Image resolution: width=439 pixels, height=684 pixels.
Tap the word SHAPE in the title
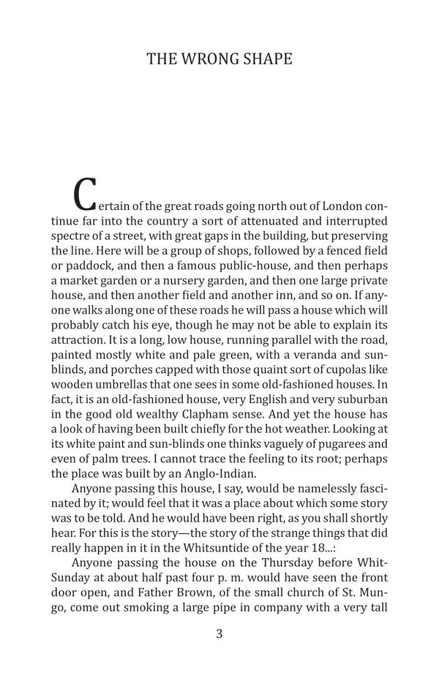tap(266, 59)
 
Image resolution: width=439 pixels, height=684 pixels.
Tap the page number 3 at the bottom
tap(219, 634)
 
